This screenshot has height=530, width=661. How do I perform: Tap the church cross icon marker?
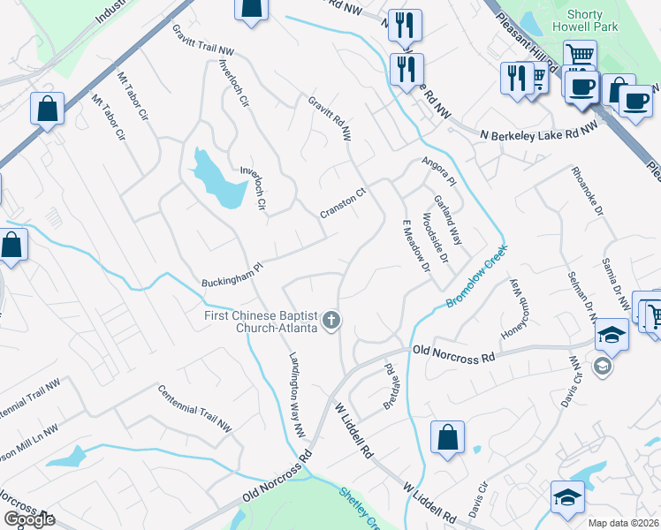click(x=331, y=320)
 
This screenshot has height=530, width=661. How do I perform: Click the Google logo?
click(x=28, y=519)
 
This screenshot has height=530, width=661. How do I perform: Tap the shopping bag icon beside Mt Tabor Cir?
click(x=47, y=110)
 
